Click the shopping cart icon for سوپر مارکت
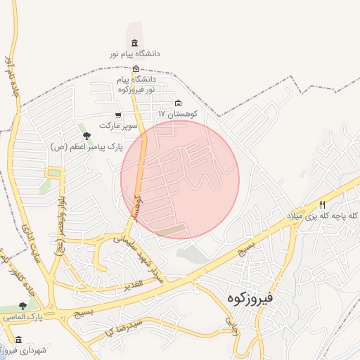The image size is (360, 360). coord(118,115)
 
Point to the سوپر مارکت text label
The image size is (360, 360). coord(116,125)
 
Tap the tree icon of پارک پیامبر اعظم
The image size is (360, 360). coord(86,136)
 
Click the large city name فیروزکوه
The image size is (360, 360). coord(259,299)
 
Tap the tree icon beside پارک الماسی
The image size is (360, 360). coord(22,307)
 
